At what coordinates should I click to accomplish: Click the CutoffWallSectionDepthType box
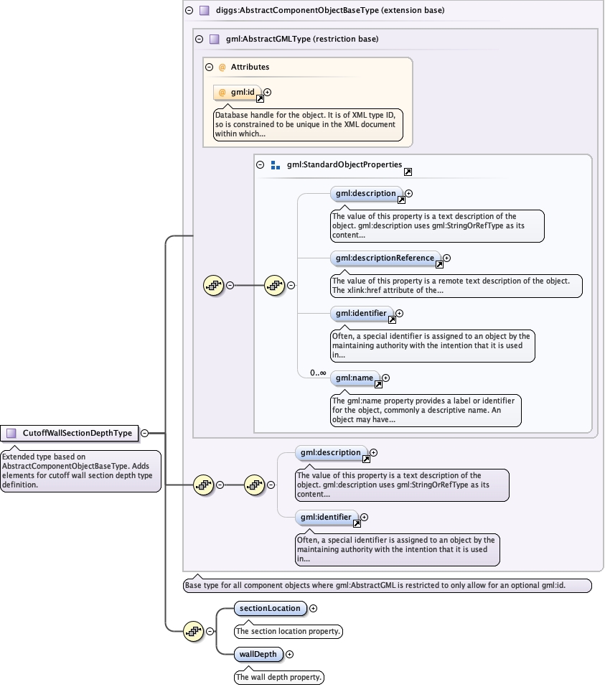70,433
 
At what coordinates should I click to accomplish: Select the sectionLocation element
270,608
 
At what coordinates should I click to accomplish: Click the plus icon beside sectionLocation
313,608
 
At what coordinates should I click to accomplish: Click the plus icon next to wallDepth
290,654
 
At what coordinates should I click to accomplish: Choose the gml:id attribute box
238,93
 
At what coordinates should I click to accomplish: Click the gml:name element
355,378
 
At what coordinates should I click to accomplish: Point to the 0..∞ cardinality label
318,373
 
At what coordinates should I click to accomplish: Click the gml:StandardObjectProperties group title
344,164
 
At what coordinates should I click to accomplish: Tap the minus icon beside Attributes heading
209,67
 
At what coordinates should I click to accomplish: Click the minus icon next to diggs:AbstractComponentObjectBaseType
189,11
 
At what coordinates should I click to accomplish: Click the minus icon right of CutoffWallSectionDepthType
145,433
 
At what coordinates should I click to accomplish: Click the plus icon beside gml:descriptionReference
446,258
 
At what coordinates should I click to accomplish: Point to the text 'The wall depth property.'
280,677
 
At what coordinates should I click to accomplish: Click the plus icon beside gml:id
268,92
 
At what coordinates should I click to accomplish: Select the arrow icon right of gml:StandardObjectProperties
408,172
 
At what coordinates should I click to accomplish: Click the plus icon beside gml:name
385,378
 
